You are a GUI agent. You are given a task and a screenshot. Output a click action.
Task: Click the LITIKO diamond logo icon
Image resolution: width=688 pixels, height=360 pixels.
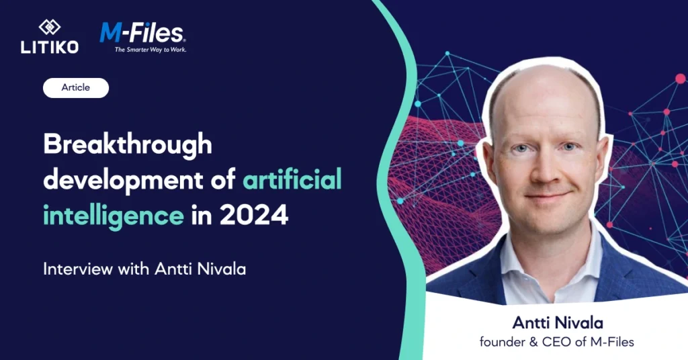(x=50, y=27)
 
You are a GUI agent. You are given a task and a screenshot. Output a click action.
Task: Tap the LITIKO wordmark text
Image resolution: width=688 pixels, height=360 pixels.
(x=50, y=47)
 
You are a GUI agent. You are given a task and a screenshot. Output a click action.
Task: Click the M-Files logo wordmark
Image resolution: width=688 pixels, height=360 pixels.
(x=142, y=34)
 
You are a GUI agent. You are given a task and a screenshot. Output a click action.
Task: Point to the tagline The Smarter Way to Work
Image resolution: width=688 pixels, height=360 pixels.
(x=150, y=50)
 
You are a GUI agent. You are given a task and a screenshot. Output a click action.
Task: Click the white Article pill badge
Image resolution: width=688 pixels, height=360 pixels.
(x=76, y=88)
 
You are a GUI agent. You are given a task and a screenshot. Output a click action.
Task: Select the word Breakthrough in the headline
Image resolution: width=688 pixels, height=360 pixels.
(x=128, y=144)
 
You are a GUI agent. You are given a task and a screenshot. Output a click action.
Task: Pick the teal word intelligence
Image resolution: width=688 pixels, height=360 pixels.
(x=113, y=216)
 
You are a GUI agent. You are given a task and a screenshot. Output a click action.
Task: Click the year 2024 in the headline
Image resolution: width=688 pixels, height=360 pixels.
(x=253, y=216)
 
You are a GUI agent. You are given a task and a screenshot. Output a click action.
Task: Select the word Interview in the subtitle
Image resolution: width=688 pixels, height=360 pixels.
(x=78, y=269)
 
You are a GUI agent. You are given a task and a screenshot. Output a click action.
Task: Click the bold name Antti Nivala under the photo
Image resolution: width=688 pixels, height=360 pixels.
(x=558, y=323)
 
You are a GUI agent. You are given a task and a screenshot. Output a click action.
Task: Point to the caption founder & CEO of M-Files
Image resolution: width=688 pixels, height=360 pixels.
(x=557, y=342)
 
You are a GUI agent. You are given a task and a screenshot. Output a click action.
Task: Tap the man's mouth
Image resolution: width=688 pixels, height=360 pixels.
(x=548, y=195)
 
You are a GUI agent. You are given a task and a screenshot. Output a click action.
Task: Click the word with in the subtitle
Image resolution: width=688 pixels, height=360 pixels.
(x=134, y=269)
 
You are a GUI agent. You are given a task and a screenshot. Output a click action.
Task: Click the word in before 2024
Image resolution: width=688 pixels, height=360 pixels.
(x=202, y=216)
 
